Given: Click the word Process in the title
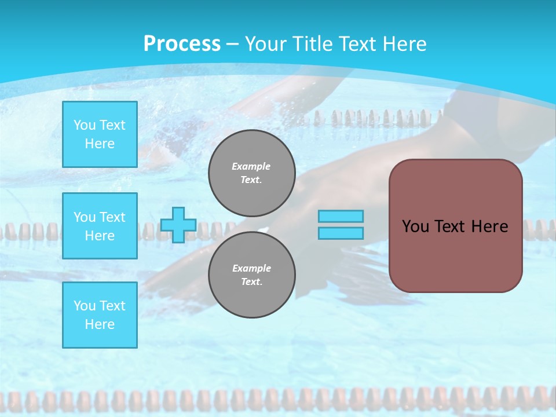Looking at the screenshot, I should click(182, 44).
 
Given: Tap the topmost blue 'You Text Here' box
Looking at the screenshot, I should click(100, 134).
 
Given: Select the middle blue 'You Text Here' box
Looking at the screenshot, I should click(100, 226).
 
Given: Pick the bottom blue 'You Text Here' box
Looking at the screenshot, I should click(100, 314).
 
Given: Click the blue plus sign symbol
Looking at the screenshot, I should click(178, 225).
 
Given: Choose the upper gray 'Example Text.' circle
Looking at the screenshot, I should click(252, 173).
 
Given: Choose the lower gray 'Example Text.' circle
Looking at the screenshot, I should click(252, 275).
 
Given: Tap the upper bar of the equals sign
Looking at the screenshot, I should click(341, 217).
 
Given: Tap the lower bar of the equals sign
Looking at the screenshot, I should click(341, 233).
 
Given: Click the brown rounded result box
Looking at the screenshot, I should click(456, 255).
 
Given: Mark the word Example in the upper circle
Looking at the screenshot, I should click(251, 167).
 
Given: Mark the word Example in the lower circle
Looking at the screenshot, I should click(251, 269).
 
